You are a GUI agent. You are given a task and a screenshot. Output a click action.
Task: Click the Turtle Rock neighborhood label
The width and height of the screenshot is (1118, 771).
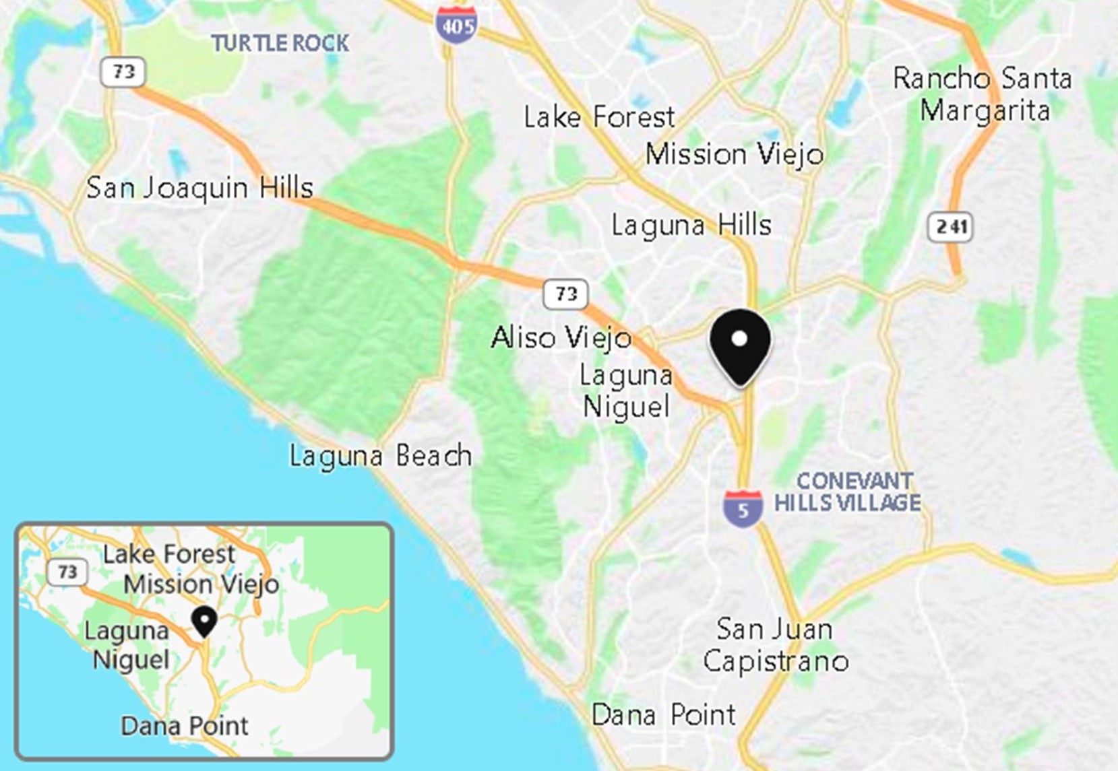click(280, 44)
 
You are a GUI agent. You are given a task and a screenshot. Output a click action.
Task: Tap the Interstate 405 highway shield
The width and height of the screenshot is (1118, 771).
click(456, 25)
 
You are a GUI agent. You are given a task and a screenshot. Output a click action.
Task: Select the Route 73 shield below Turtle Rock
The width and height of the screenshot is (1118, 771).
click(123, 72)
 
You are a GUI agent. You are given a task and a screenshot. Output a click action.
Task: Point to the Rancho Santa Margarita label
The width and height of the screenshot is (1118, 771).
click(983, 94)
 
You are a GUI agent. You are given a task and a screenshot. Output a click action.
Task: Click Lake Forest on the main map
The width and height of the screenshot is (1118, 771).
click(599, 118)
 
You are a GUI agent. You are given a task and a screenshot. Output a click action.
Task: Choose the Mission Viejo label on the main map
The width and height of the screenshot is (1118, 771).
click(735, 155)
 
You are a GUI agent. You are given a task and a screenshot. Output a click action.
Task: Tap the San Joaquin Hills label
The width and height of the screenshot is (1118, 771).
click(200, 188)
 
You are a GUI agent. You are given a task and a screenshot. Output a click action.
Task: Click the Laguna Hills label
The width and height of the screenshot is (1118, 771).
click(691, 225)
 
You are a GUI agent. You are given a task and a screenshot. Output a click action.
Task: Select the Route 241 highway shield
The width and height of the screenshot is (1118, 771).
click(951, 227)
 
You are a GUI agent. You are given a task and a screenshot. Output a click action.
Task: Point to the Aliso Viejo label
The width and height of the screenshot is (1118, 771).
click(561, 337)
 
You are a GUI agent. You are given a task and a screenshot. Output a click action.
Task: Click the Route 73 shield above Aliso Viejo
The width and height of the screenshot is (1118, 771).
click(565, 294)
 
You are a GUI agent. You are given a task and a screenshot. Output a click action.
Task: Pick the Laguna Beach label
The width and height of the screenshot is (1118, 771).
click(381, 456)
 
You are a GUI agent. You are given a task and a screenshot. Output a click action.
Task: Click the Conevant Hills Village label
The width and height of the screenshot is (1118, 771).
click(848, 492)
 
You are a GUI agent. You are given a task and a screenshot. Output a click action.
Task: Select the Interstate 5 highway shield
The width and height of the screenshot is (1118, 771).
click(743, 508)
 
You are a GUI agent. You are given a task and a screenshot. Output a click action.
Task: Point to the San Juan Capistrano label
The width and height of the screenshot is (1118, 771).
click(776, 645)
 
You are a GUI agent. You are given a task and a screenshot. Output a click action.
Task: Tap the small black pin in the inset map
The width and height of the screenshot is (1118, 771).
click(204, 620)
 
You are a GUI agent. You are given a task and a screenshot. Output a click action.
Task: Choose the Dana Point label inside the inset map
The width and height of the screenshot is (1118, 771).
click(185, 726)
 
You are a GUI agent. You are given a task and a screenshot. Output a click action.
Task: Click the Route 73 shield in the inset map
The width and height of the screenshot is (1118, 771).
click(67, 572)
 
